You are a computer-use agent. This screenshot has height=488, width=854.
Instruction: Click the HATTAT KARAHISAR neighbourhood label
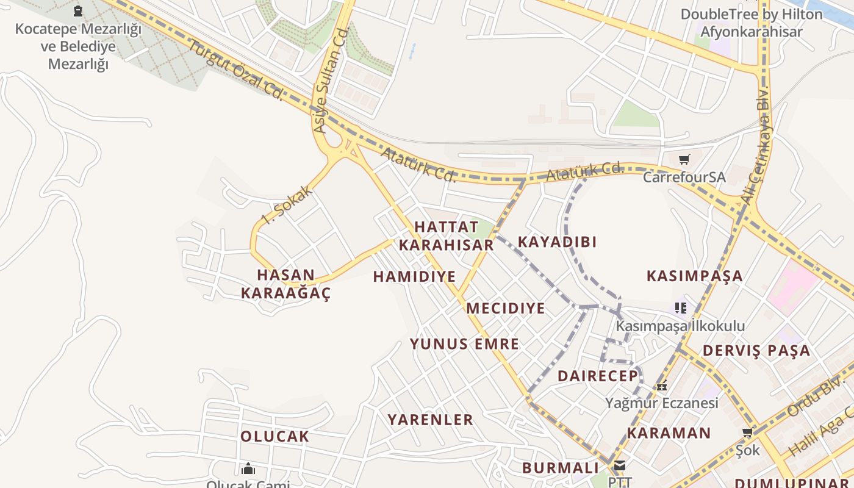coord(445,236)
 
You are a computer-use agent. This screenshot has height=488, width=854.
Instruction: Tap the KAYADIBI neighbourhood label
coord(557,242)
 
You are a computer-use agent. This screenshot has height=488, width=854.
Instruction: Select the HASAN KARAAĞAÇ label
coord(285,284)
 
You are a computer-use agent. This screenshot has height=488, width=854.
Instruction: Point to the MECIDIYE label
coord(506,309)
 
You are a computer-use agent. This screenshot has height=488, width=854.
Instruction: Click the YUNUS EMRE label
coord(464,344)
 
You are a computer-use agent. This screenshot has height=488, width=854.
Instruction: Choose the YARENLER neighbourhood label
coord(431,420)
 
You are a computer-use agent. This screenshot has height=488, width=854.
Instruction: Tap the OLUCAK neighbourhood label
coord(274,437)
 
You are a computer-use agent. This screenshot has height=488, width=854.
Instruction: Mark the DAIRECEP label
coord(598,376)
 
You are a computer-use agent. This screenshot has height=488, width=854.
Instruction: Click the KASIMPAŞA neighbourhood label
coord(695,276)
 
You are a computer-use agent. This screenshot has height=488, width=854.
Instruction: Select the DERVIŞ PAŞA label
coord(756,351)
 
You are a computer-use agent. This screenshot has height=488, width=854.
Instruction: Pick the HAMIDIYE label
coord(414,277)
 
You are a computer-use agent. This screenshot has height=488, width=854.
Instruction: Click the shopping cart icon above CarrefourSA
coord(684,160)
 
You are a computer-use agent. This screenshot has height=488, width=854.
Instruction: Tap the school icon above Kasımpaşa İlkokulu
coord(681,308)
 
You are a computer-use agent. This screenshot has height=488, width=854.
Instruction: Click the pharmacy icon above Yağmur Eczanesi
coord(662,386)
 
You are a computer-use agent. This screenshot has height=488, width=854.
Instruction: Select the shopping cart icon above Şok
coord(747,432)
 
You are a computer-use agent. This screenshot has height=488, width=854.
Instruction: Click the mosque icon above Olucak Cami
coord(248,468)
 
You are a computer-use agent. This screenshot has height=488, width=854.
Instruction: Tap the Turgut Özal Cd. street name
coord(235,69)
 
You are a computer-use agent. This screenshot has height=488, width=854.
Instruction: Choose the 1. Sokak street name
coord(287,204)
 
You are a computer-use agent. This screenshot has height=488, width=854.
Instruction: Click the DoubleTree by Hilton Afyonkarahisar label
coord(752,23)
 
